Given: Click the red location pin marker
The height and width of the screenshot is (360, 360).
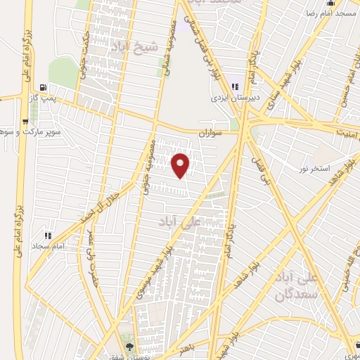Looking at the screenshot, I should click(x=181, y=165).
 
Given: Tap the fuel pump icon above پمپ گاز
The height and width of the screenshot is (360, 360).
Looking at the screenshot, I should click(x=46, y=88).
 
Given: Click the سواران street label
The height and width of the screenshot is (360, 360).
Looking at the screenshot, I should click(x=209, y=132).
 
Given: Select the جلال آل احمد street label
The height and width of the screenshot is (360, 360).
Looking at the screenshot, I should click(x=112, y=205).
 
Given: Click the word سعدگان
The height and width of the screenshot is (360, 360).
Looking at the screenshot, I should click(x=318, y=295).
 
